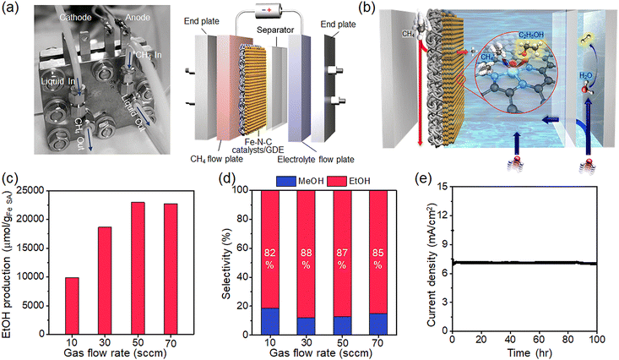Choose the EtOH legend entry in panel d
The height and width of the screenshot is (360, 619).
(x=347, y=178)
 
